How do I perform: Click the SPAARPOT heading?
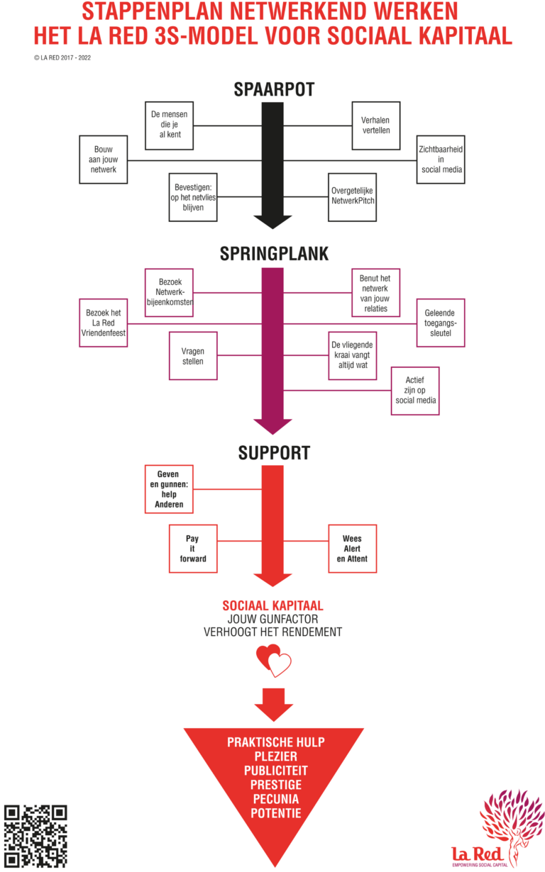click(x=273, y=90)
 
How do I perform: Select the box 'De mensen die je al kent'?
click(x=170, y=125)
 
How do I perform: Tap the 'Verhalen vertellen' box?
click(x=376, y=125)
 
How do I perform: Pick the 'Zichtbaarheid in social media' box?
click(x=441, y=160)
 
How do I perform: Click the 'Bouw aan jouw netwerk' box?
click(x=104, y=160)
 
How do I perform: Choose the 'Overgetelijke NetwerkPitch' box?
click(x=353, y=196)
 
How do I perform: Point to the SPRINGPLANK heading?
click(x=273, y=255)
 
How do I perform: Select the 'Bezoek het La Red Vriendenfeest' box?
click(x=104, y=323)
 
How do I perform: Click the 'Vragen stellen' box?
click(x=193, y=356)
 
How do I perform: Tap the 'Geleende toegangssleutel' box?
click(x=441, y=323)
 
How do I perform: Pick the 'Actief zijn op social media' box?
click(x=415, y=391)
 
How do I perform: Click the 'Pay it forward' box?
click(x=192, y=549)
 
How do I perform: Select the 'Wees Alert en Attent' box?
click(x=352, y=549)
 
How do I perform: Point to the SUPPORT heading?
click(x=273, y=452)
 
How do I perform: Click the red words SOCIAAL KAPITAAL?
click(x=273, y=605)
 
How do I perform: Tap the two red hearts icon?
click(x=273, y=661)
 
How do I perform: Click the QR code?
click(x=35, y=836)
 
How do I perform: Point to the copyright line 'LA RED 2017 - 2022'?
click(x=62, y=58)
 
